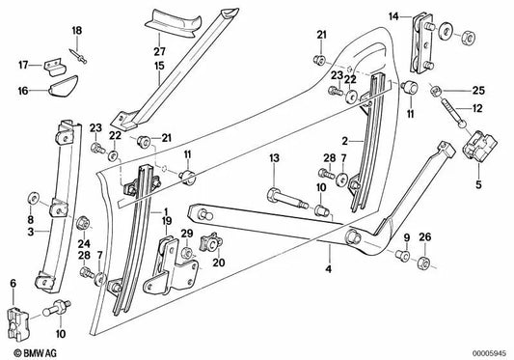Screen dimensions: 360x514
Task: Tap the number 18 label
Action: [77, 33]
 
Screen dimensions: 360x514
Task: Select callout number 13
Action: [274, 157]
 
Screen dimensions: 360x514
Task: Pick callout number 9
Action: [406, 237]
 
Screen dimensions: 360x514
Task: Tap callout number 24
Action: [84, 243]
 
